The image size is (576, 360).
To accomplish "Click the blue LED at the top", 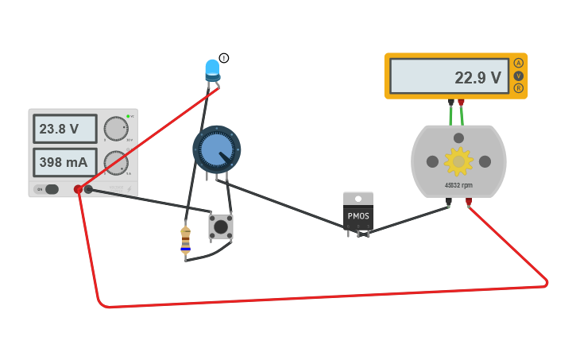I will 212,69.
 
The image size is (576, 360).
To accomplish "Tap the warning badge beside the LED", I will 224,58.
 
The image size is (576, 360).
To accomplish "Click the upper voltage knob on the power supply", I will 115,129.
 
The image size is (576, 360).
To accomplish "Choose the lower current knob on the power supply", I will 115,163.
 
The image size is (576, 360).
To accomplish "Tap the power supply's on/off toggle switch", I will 51,189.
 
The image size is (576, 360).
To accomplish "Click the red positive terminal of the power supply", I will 78,189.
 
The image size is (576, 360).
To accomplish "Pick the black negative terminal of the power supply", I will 88,189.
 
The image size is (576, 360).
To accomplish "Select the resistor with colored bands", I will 185,239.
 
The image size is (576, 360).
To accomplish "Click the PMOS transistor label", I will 358,216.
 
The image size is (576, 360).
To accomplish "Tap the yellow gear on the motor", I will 458,161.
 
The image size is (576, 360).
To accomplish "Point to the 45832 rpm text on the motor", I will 458,185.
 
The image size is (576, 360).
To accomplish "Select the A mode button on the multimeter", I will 519,63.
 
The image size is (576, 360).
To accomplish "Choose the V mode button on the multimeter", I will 519,75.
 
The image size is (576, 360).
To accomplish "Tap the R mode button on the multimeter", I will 519,88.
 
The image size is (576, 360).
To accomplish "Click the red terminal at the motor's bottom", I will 469,202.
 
